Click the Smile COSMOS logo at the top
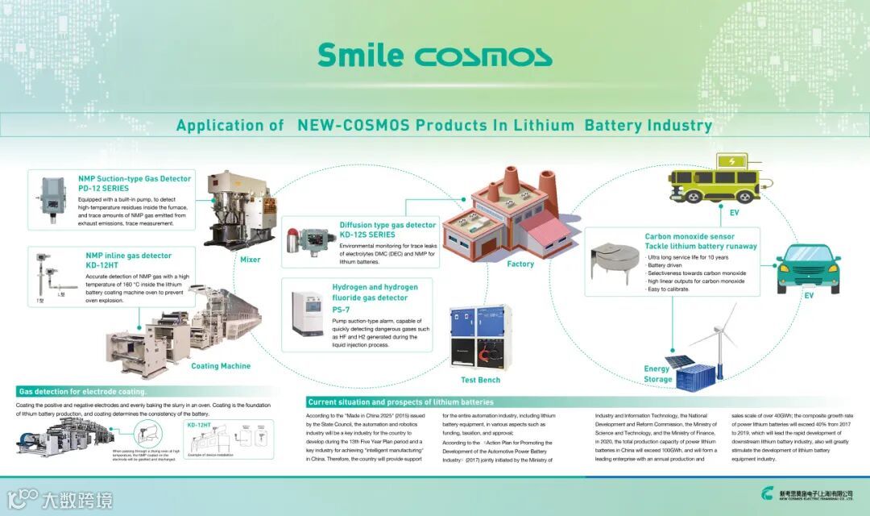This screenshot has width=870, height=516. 434,55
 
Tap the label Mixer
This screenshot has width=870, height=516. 250,260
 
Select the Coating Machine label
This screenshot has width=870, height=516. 221,366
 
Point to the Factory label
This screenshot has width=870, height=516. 520,264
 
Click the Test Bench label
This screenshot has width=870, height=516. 480,380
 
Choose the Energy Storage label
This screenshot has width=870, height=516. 658,373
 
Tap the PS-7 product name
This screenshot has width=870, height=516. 341,309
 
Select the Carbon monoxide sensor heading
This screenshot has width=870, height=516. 690,237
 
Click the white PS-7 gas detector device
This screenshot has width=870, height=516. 306,315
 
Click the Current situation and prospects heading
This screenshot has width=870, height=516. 400,402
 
